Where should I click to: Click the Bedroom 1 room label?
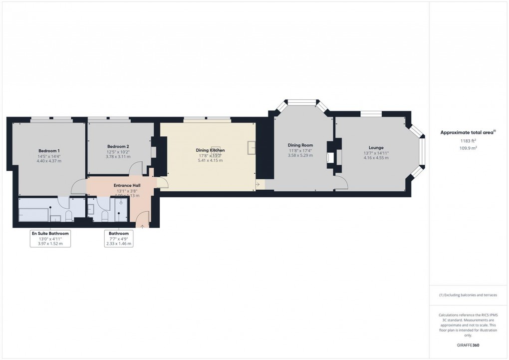click(x=49, y=150)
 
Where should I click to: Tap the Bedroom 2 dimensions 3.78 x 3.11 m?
click(x=118, y=157)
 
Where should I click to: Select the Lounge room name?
click(x=376, y=147)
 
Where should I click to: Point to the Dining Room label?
click(x=300, y=145)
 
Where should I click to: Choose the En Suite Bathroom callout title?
click(x=50, y=233)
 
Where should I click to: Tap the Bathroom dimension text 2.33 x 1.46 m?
click(x=119, y=244)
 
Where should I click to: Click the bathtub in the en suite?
click(x=34, y=215)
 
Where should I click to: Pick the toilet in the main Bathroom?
click(x=104, y=216)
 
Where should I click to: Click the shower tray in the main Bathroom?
click(x=121, y=210)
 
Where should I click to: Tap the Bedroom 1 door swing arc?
click(x=77, y=187)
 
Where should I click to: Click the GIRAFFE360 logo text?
click(x=468, y=345)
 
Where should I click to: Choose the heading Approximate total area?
click(x=467, y=132)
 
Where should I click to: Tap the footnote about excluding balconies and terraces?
click(x=468, y=295)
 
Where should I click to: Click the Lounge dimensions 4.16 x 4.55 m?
click(x=376, y=158)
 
